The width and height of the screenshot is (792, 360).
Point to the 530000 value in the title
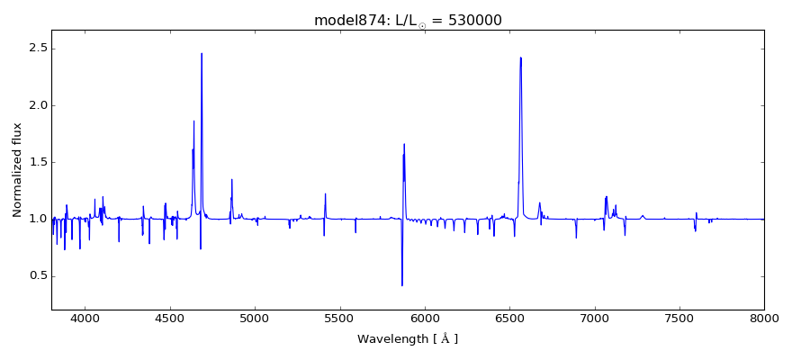(473, 21)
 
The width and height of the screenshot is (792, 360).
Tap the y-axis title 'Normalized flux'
(17, 170)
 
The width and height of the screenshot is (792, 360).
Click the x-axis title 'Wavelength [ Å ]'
(408, 339)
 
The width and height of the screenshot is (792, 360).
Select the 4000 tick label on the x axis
(85, 318)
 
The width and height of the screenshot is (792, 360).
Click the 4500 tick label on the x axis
(170, 318)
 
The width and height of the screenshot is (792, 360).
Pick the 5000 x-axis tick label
(255, 318)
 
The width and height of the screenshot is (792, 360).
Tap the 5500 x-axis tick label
(339, 318)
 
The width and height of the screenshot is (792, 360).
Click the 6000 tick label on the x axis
(425, 318)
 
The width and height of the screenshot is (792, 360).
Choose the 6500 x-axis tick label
(509, 318)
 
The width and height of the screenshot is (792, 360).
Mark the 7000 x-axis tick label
(594, 318)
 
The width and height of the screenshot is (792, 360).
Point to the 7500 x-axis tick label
(679, 318)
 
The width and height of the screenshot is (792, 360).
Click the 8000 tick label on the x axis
(763, 318)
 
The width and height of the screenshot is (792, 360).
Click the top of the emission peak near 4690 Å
(202, 53)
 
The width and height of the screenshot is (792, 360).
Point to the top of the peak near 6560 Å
(520, 58)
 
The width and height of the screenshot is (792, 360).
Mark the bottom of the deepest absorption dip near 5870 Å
(402, 285)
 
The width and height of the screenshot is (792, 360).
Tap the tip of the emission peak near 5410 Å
(325, 193)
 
